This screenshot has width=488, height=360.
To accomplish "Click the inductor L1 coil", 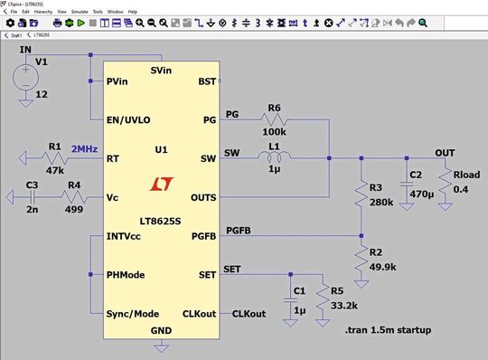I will click(x=275, y=159).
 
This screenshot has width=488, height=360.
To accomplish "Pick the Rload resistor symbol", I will click(x=443, y=189).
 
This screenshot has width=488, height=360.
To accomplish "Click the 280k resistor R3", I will click(x=361, y=193).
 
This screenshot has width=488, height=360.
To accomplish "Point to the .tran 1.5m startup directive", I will click(x=388, y=330).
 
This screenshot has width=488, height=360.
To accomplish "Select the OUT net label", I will click(x=445, y=152).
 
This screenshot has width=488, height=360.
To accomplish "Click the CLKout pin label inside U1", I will click(x=199, y=313).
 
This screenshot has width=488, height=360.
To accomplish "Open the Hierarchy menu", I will click(x=44, y=12).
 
